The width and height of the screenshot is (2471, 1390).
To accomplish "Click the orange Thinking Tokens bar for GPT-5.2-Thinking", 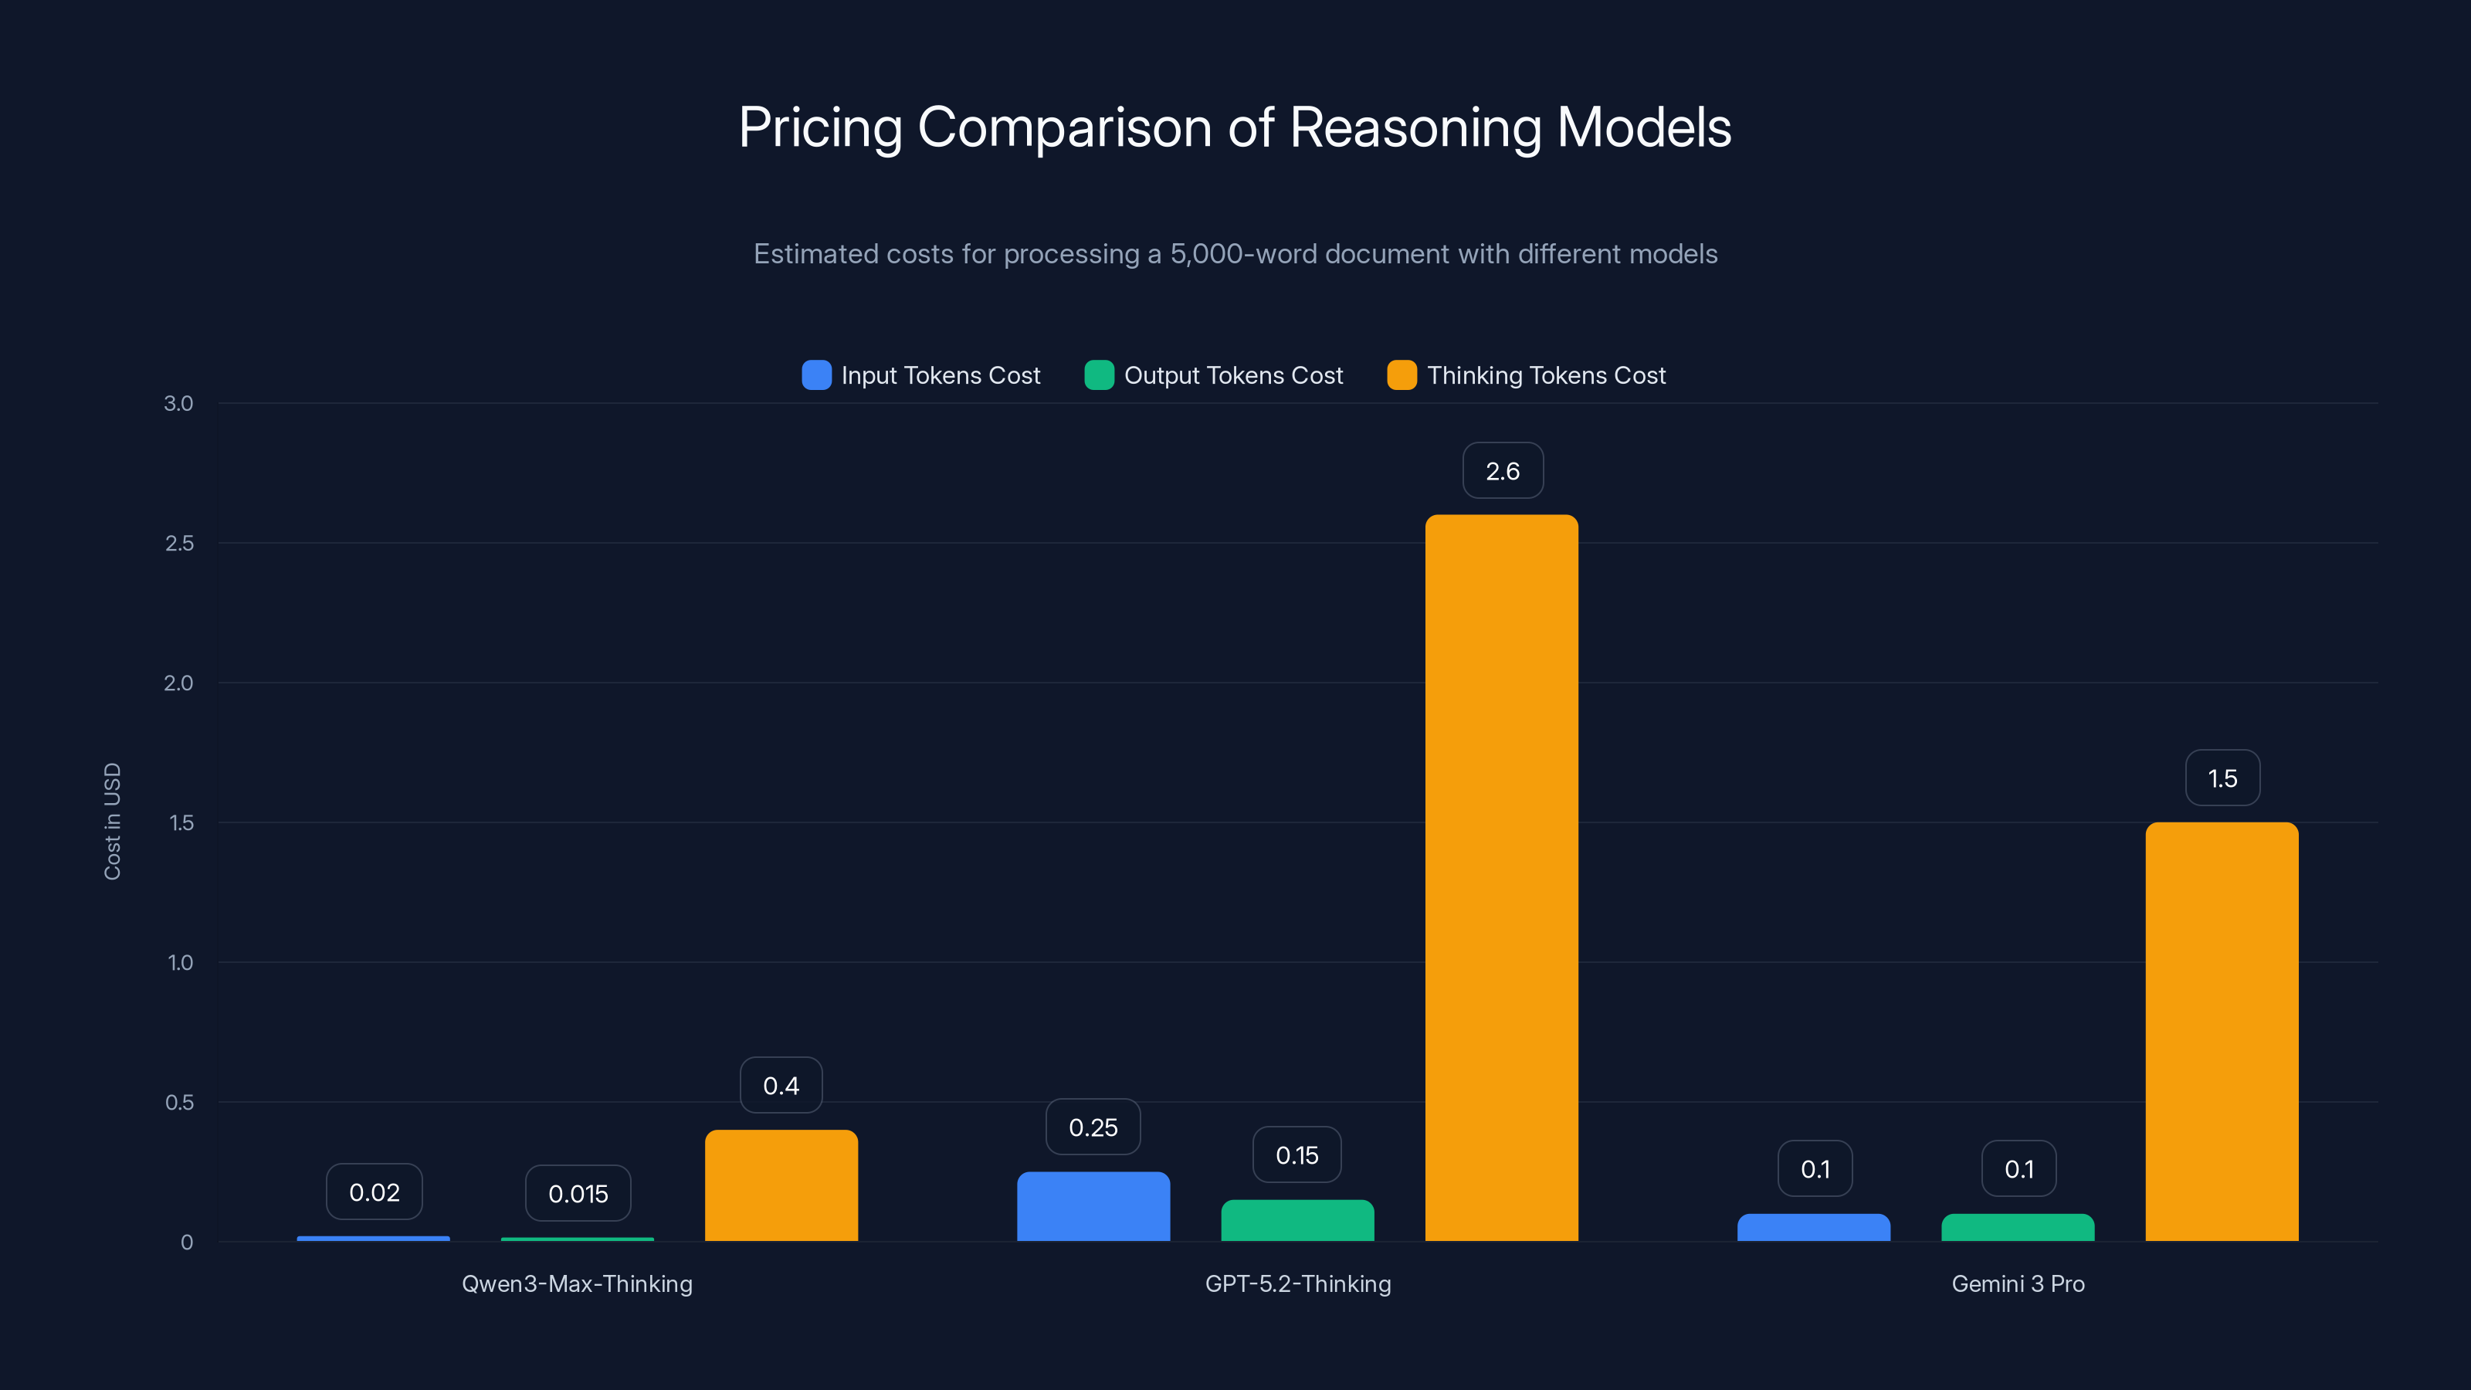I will tap(1501, 878).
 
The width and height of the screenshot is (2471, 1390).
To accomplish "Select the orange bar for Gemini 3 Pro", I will tap(2222, 1031).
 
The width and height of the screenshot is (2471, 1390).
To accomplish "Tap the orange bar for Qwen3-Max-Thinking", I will tap(781, 1185).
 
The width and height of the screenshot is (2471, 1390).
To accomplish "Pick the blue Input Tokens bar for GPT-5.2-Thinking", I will tap(1093, 1207).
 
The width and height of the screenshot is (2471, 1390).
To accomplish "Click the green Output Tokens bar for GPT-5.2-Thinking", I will tap(1297, 1220).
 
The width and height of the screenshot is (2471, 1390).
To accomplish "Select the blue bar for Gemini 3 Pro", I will tap(1813, 1228).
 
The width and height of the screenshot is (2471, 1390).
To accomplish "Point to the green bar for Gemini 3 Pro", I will tap(2017, 1228).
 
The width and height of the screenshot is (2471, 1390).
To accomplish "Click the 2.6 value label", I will tap(1502, 471).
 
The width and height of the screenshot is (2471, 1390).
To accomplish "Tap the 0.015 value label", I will tap(578, 1193).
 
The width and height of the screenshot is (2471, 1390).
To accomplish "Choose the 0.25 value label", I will tap(1093, 1127).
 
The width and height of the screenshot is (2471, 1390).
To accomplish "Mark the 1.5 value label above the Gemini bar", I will tap(2222, 778).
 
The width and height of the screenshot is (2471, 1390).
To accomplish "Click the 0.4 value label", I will tap(781, 1085).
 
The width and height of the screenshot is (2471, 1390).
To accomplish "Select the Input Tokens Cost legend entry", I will tap(922, 375).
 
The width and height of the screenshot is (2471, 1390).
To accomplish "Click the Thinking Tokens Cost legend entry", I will tap(1527, 375).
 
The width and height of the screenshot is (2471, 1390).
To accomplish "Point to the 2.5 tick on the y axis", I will tap(178, 543).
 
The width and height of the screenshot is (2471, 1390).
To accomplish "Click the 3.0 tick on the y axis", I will tap(178, 403).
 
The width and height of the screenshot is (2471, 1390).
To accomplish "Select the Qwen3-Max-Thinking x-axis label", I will tap(577, 1283).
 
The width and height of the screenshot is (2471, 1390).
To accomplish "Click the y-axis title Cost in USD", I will tap(112, 821).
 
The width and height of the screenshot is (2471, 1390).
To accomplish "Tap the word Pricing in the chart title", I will tap(820, 127).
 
